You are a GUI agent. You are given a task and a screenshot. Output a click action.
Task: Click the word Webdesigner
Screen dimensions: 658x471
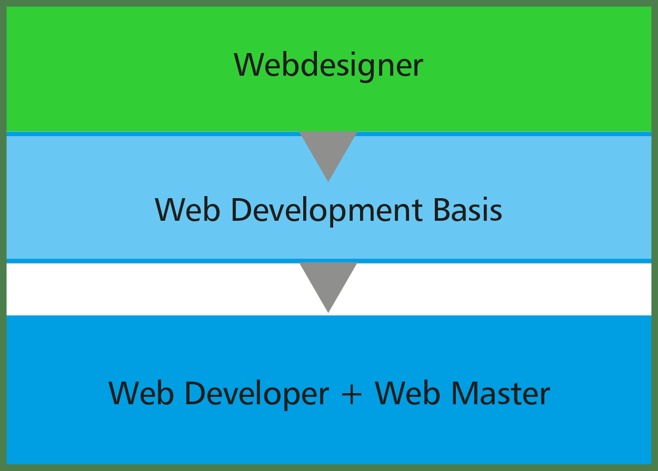point(328,66)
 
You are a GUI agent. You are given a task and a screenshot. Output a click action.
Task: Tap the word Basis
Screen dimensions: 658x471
point(467,209)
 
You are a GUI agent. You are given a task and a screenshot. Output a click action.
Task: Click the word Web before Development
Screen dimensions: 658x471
point(187,209)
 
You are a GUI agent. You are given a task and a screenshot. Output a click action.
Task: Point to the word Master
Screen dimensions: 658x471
point(501,393)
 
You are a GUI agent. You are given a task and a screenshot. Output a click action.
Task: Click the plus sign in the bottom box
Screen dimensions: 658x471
point(352,395)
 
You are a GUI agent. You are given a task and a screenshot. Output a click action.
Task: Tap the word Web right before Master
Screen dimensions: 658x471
point(407,393)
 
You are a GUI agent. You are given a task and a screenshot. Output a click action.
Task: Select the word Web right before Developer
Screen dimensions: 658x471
point(141,393)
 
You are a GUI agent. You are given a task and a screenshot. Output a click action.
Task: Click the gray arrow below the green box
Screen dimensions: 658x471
point(328,152)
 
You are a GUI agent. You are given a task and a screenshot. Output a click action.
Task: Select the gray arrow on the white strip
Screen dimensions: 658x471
point(328,283)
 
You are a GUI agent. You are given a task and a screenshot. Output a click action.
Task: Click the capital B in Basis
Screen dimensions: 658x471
point(443,209)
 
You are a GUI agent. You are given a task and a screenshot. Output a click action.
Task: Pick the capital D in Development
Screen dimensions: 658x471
point(242,209)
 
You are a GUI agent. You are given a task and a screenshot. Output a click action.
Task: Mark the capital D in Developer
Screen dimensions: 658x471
point(195,393)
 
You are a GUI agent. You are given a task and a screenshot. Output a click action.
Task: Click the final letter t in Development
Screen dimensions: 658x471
point(417,212)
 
